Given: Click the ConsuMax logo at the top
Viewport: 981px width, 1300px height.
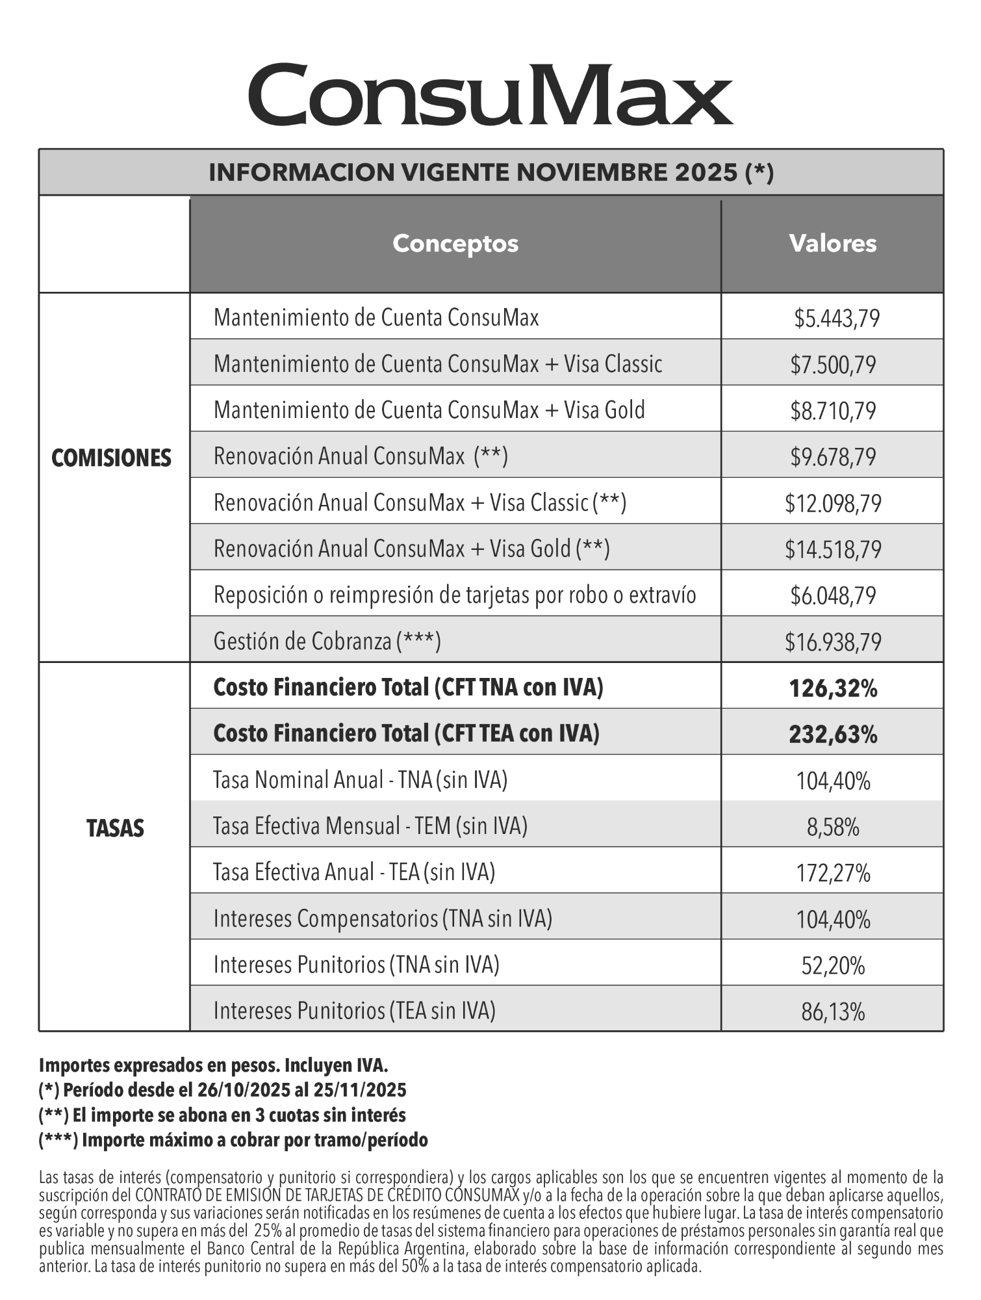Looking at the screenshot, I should point(490,95).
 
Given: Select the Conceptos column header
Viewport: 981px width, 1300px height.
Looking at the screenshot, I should point(455,244).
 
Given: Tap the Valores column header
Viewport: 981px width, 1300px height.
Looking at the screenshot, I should point(832,244).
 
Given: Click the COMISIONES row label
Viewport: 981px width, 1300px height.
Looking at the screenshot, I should point(111,458).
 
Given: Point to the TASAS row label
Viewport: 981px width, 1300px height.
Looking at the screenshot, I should point(115,829).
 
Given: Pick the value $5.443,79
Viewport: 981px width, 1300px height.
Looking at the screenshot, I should point(837,318).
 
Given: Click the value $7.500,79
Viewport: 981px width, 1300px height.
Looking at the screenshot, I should point(833,365).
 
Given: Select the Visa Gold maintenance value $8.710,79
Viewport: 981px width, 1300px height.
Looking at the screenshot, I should point(833,411).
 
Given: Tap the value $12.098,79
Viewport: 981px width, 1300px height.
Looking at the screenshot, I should point(833,503).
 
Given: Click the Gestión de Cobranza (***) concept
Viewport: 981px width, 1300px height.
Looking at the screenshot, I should point(327,642).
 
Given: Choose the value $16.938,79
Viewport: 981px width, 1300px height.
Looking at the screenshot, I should point(833,642).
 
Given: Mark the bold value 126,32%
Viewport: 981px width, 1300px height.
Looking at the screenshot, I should point(833,688).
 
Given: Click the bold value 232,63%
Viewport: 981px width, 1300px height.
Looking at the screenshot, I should point(833,734).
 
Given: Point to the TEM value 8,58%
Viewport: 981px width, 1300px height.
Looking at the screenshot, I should point(833,827).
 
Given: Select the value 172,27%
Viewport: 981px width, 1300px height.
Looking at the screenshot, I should point(833,874).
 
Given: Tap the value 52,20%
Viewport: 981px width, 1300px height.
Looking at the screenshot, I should point(833,966).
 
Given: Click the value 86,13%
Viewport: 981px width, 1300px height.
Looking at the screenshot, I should point(833,1012).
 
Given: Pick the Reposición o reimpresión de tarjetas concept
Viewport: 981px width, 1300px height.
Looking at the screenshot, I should point(455,595).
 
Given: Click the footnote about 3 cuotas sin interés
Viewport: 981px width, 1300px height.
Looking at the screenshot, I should point(222,1115).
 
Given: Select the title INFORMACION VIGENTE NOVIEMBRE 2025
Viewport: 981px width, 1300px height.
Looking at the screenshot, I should point(490,173).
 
